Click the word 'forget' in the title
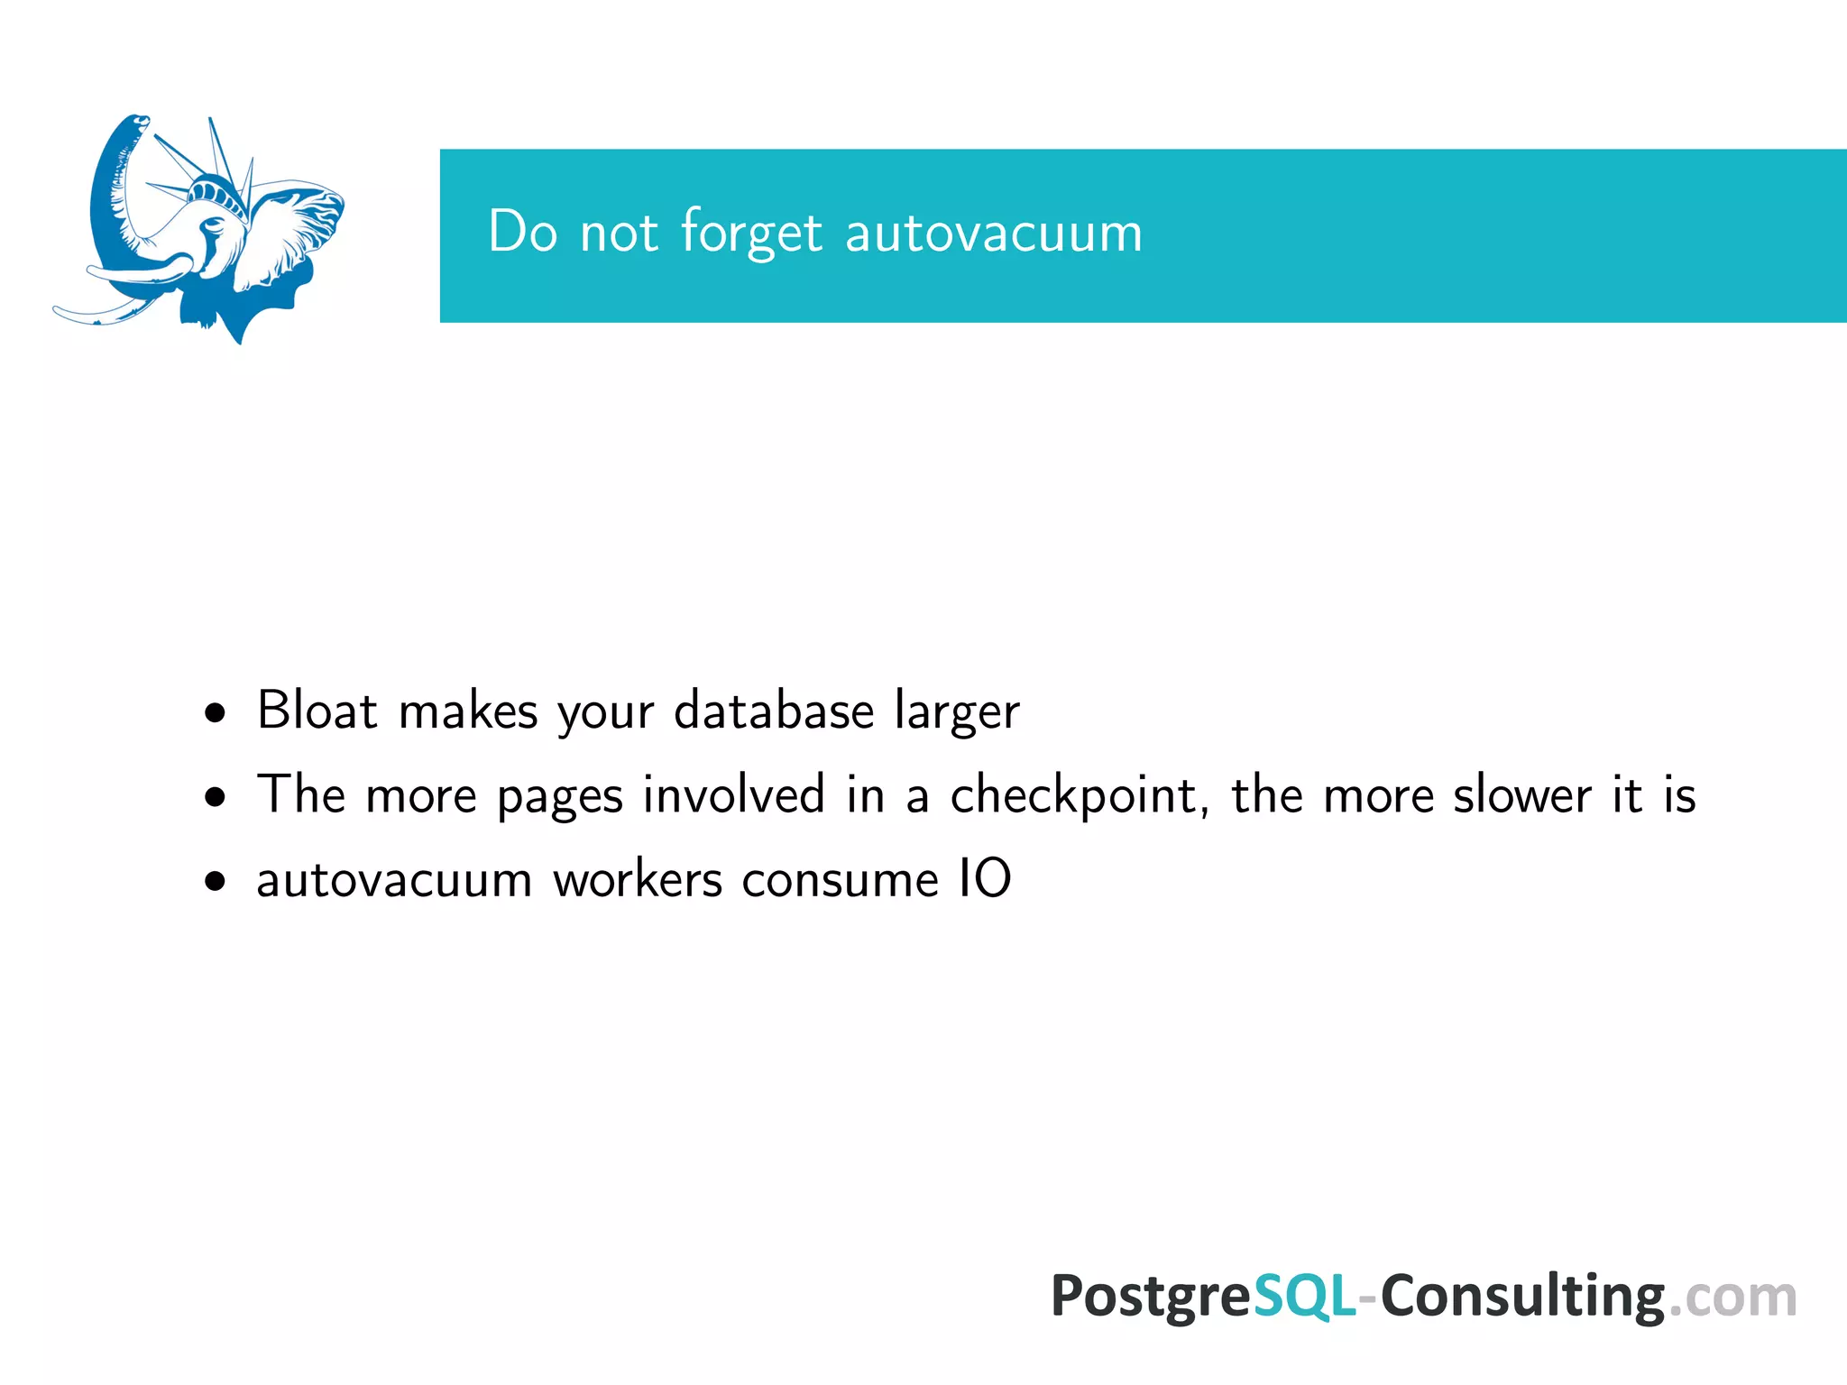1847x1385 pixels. point(751,233)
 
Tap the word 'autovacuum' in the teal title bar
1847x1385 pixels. point(994,233)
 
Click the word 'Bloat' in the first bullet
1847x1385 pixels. point(317,711)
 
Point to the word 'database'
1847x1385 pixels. point(774,711)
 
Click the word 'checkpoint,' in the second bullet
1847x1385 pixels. point(1080,796)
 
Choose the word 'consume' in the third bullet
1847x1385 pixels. point(840,881)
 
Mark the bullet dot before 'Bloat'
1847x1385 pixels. point(215,714)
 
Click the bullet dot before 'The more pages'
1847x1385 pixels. point(215,798)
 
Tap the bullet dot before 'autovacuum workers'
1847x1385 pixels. point(215,882)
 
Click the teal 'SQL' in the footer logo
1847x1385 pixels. point(1304,1297)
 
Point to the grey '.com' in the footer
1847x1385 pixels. point(1732,1298)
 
